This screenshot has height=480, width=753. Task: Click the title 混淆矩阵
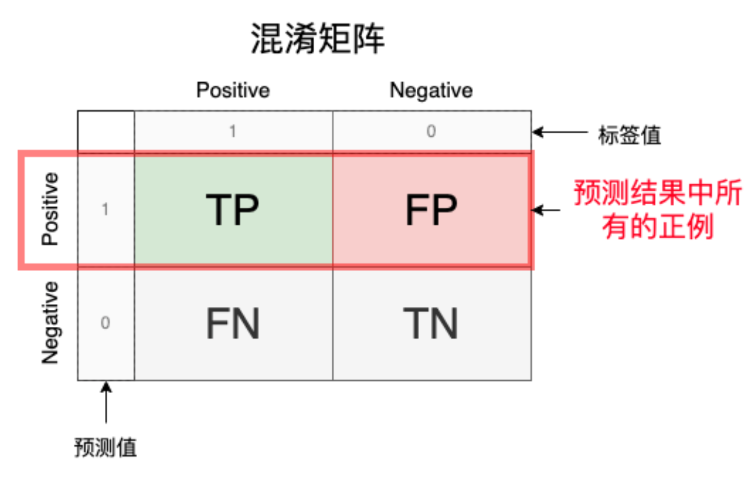[318, 38]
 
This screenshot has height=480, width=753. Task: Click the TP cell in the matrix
[233, 210]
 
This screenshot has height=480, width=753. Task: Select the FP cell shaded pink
[430, 210]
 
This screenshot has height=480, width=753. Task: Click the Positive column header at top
[233, 90]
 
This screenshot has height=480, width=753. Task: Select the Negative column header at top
[432, 91]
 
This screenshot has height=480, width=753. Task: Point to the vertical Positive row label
[50, 209]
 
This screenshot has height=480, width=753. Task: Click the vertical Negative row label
[50, 323]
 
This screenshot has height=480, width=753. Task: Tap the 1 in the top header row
[232, 131]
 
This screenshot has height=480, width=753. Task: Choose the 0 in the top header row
[432, 131]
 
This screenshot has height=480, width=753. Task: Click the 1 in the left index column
[105, 209]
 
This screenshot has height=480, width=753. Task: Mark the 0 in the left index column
[105, 323]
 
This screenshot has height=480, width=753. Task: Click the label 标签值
[629, 135]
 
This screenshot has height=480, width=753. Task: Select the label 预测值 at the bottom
[105, 447]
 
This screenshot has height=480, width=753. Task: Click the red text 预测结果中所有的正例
[658, 209]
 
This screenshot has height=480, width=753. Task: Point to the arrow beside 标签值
[560, 132]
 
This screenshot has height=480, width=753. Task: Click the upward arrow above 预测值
[106, 402]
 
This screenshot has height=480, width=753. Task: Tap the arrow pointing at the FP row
[545, 210]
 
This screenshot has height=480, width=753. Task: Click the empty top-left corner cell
[106, 131]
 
